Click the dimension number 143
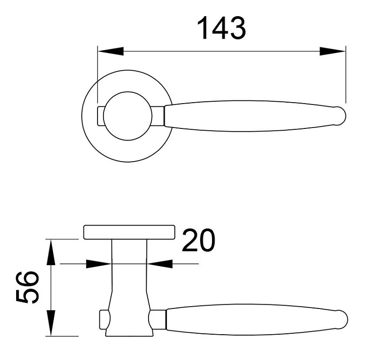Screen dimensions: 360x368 [x=222, y=29]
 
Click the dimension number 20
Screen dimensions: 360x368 [x=198, y=241]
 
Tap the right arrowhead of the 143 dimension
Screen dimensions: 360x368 [x=332, y=51]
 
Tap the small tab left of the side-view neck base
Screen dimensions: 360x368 [x=103, y=319]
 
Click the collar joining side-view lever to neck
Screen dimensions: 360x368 [x=158, y=319]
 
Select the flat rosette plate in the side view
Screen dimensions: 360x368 [x=129, y=232]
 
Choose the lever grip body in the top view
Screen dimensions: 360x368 [x=248, y=116]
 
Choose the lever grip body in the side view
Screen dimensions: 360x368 [x=248, y=319]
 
